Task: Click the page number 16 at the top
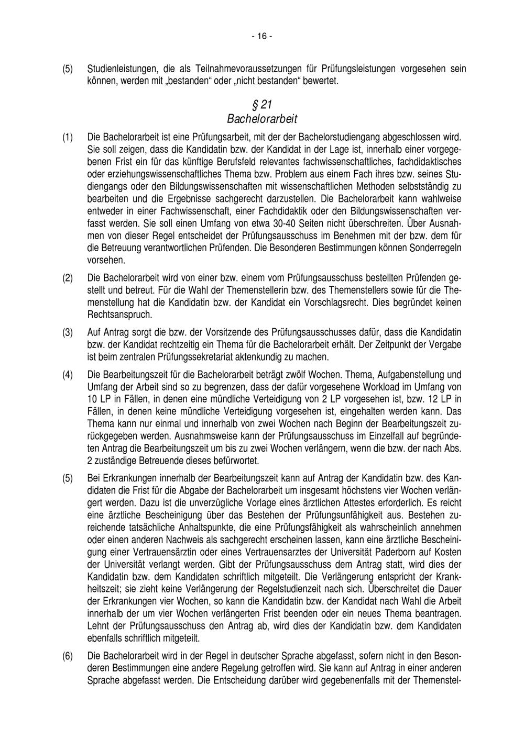262,36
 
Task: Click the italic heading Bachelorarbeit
262,119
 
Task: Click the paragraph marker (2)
68,278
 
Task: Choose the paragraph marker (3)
68,333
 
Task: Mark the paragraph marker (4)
68,375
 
